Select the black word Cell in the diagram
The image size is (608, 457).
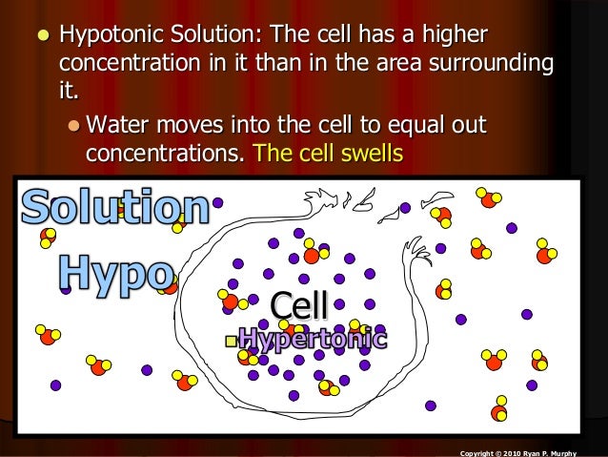[x=299, y=305]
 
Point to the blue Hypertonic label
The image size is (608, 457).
[x=313, y=339]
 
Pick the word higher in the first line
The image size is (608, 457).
[x=449, y=35]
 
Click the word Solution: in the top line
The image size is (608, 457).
[x=207, y=35]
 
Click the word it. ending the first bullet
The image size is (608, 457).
[x=70, y=93]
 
